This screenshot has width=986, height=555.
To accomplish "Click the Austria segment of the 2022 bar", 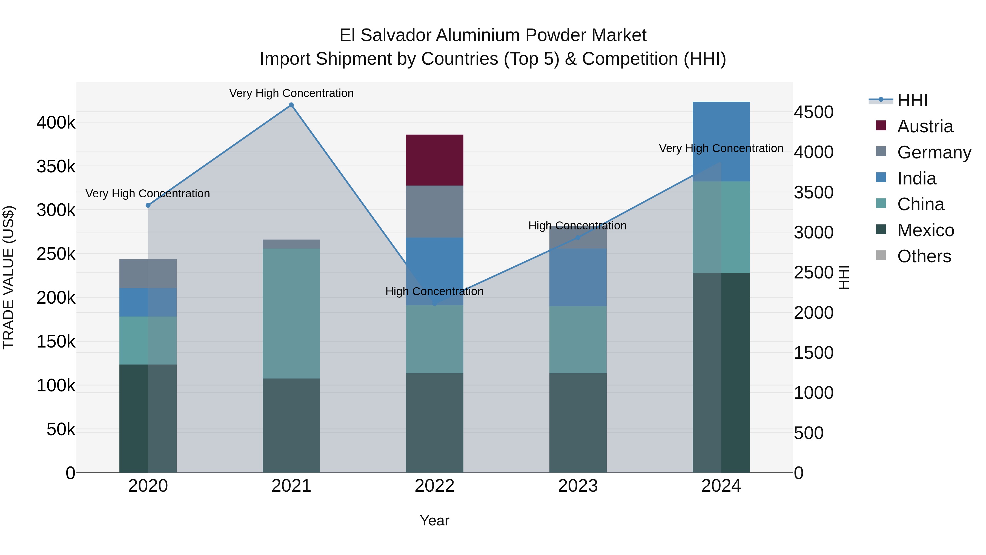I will pyautogui.click(x=434, y=160).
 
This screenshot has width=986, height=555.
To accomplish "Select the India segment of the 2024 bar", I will pyautogui.click(x=721, y=141).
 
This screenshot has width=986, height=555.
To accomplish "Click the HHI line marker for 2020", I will pyautogui.click(x=148, y=205).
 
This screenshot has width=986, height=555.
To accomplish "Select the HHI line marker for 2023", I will pyautogui.click(x=578, y=237).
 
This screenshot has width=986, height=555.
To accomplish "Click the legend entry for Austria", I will pyautogui.click(x=925, y=126).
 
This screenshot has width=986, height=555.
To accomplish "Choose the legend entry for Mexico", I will pyautogui.click(x=925, y=230).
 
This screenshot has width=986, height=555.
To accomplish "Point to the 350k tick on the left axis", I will pyautogui.click(x=56, y=167).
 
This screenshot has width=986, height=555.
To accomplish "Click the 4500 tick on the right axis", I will pyautogui.click(x=813, y=112).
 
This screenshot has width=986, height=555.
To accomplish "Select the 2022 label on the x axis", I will pyautogui.click(x=434, y=486).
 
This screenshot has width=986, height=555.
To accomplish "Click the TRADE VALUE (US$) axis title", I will pyautogui.click(x=8, y=277).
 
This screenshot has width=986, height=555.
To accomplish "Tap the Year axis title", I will pyautogui.click(x=434, y=520).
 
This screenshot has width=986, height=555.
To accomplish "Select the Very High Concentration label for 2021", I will pyautogui.click(x=291, y=93).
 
